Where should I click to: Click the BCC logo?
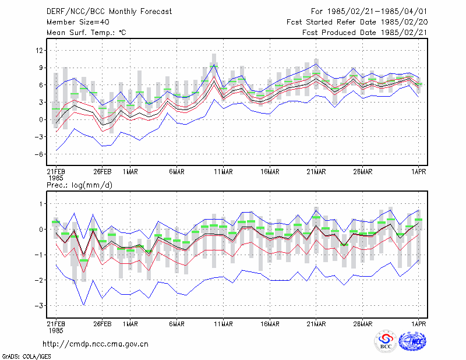(x=386, y=341)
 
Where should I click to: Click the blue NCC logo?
(x=412, y=341)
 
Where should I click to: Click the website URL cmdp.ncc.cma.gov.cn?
(x=96, y=344)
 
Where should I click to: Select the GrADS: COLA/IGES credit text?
(x=27, y=356)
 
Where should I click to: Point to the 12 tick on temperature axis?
(x=39, y=51)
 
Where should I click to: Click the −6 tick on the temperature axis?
(x=38, y=154)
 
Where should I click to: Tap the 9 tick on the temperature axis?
(x=41, y=68)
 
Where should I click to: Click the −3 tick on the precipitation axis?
(x=38, y=306)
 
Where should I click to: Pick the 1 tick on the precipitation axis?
(x=41, y=204)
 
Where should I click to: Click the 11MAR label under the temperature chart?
(x=224, y=172)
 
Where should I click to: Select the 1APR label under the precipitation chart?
(x=418, y=324)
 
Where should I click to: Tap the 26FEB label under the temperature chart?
(x=103, y=172)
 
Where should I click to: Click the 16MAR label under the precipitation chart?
(x=270, y=324)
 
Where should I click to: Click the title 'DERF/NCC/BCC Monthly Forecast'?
(x=110, y=12)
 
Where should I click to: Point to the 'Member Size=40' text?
(x=78, y=22)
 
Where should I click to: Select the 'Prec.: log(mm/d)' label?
(x=79, y=185)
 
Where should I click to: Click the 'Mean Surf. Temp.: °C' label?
(x=86, y=33)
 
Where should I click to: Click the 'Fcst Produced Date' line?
(x=365, y=33)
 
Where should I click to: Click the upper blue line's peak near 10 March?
(x=214, y=65)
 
